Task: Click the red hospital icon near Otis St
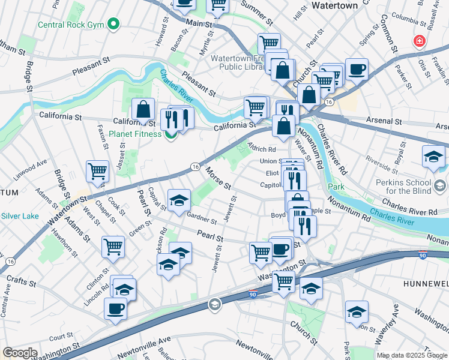click(x=418, y=41)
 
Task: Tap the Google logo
click(x=20, y=353)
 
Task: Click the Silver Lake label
click(x=20, y=215)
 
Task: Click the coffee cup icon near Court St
click(x=115, y=308)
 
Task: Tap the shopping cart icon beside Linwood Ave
click(x=97, y=171)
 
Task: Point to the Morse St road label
click(x=218, y=178)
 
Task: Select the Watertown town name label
click(x=334, y=5)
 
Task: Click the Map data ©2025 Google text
click(x=412, y=355)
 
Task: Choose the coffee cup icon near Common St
click(x=357, y=69)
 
